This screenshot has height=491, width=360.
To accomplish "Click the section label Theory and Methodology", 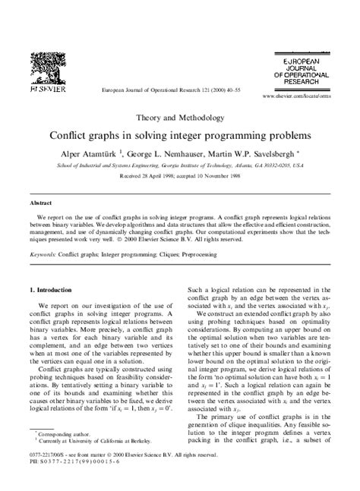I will pyautogui.click(x=179, y=118).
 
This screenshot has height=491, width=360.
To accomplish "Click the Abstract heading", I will pyautogui.click(x=41, y=203).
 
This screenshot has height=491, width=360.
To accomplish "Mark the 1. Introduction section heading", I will pyautogui.click(x=52, y=290).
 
